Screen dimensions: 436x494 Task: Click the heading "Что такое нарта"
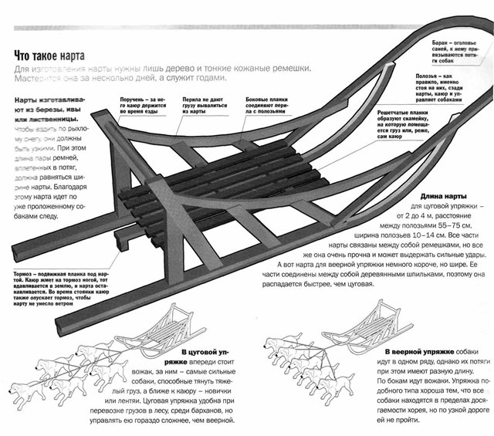pos(49,56)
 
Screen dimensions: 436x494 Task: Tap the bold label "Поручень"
pos(134,100)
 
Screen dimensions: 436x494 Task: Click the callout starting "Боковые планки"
pos(266,100)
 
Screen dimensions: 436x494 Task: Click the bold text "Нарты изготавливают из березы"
pos(50,109)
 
